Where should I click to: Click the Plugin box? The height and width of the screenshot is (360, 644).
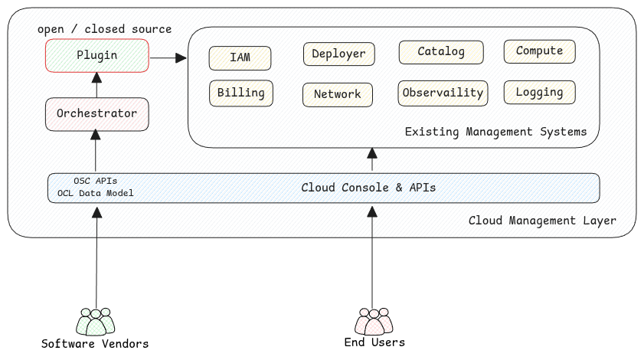tap(96, 56)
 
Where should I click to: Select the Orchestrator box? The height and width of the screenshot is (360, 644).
tap(96, 113)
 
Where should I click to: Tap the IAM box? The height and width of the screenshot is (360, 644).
tap(240, 57)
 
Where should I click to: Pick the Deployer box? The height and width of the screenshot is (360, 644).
tap(339, 54)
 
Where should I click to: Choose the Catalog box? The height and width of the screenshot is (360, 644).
tap(441, 52)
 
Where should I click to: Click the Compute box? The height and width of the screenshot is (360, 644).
tap(539, 51)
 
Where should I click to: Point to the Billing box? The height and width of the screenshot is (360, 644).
tap(240, 93)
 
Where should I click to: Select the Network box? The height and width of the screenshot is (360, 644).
tap(337, 94)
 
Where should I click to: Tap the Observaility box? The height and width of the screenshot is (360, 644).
tap(443, 93)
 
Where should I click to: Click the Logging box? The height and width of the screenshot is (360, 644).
tap(539, 93)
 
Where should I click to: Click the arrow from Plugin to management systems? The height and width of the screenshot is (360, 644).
tap(168, 57)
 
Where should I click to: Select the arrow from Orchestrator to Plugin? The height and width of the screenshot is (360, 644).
tap(96, 84)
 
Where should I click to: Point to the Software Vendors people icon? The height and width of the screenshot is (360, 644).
tap(95, 321)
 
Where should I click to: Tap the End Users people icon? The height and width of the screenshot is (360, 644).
tap(374, 321)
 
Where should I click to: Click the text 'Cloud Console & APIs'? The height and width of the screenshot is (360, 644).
tap(368, 188)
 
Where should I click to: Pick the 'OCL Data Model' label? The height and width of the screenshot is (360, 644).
tap(95, 193)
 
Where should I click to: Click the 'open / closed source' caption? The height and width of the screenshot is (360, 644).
tap(104, 29)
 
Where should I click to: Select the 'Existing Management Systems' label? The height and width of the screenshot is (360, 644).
tap(495, 132)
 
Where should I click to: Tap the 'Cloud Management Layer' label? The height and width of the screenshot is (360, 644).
tap(542, 221)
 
